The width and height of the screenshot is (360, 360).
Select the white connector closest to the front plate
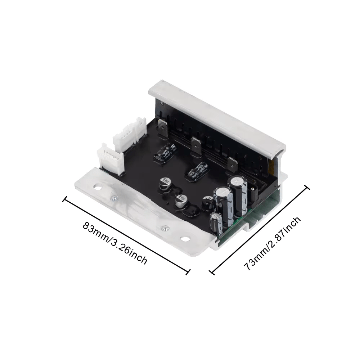108,157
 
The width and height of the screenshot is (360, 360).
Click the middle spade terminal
196,146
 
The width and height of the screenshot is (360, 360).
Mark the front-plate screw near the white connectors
114,199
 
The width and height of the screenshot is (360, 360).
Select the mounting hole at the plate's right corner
184,239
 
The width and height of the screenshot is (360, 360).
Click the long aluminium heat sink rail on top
217,113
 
